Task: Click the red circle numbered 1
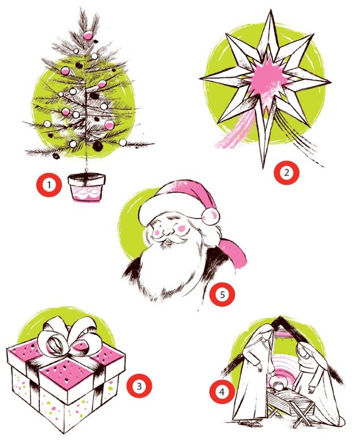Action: coord(49,185)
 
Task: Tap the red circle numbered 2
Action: coord(286,173)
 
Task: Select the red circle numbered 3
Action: coord(139,386)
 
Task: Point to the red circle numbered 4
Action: coord(222,393)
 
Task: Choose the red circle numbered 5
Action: coord(222,294)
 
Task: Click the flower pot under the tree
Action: coord(87,187)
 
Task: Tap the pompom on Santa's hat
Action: coord(210,216)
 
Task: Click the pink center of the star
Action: coord(267,78)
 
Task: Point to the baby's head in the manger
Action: coord(277,386)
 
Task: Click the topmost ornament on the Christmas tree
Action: coord(88,35)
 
